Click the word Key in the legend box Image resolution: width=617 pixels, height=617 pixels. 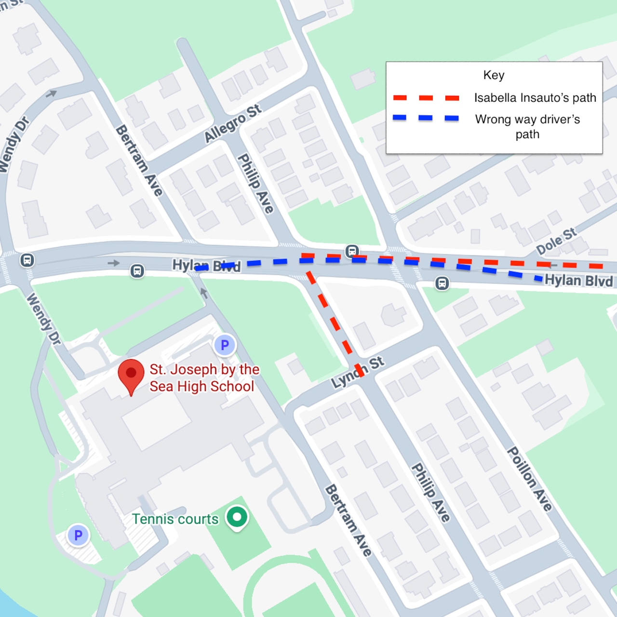[x=494, y=75]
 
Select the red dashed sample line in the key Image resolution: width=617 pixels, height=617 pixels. [x=426, y=98]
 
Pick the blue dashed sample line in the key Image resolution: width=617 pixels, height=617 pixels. [x=426, y=118]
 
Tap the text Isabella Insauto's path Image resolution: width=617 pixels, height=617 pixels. [x=535, y=98]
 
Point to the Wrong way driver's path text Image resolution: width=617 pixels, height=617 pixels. [x=527, y=126]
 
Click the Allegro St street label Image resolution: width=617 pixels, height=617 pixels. [x=233, y=123]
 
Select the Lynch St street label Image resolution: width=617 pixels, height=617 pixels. [x=358, y=372]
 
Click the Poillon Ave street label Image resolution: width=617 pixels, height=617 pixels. [x=529, y=478]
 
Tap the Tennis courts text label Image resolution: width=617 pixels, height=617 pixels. [x=175, y=519]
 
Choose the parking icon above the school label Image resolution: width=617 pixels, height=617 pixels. [x=225, y=345]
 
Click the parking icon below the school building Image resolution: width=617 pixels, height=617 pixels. [x=78, y=535]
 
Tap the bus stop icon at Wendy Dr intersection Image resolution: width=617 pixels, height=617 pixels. [x=27, y=260]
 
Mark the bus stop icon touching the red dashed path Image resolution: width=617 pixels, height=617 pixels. [x=352, y=251]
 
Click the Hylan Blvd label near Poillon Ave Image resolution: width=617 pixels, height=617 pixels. [x=578, y=281]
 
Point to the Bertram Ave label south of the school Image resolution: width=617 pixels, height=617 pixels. [x=348, y=521]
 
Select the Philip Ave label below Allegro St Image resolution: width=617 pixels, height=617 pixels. [x=256, y=183]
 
